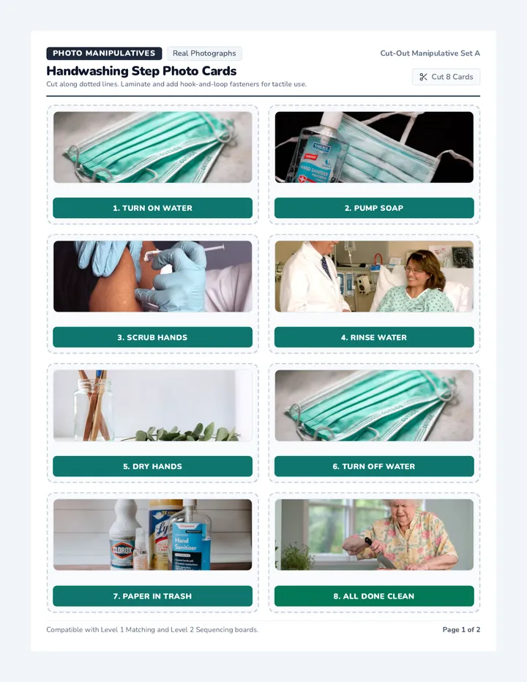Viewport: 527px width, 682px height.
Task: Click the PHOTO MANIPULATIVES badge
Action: pyautogui.click(x=104, y=53)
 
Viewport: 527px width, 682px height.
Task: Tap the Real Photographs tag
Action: pyautogui.click(x=204, y=53)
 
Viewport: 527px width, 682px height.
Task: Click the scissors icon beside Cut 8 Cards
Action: pyautogui.click(x=423, y=77)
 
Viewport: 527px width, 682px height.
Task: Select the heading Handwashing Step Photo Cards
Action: pyautogui.click(x=141, y=71)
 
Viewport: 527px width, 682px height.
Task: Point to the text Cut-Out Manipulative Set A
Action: pyautogui.click(x=430, y=53)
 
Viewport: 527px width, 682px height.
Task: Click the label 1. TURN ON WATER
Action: pyautogui.click(x=152, y=208)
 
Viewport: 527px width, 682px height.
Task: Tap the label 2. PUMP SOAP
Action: pyautogui.click(x=374, y=208)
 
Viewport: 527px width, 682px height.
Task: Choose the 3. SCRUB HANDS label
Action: pyautogui.click(x=152, y=337)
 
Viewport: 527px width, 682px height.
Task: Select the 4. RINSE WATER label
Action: pyautogui.click(x=374, y=337)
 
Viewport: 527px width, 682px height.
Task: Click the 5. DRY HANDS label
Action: pyautogui.click(x=152, y=466)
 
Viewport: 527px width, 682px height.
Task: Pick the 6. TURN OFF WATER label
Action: pyautogui.click(x=374, y=466)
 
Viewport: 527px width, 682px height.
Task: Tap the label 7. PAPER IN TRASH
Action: pyautogui.click(x=152, y=596)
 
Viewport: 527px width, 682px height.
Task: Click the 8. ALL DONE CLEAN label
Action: pyautogui.click(x=374, y=596)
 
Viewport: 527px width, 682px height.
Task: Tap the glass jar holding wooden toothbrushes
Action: pyautogui.click(x=93, y=409)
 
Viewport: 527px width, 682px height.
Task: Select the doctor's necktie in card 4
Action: pyautogui.click(x=326, y=268)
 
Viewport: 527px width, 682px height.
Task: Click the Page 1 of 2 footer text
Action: pyautogui.click(x=461, y=629)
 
